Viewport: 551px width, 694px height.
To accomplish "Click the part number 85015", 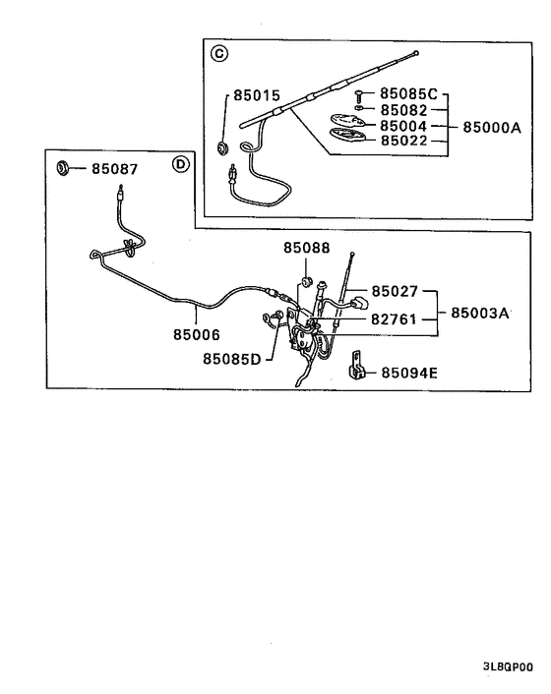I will click(x=257, y=96).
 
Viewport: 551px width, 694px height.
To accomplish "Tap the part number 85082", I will click(x=403, y=111).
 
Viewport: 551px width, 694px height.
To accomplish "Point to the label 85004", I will click(x=403, y=127).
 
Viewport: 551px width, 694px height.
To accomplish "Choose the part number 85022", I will click(x=403, y=143).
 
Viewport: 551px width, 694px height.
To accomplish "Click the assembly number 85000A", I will click(x=491, y=127).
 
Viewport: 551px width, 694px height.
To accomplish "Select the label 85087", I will click(x=115, y=169).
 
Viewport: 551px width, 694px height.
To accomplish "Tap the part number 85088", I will click(x=307, y=250).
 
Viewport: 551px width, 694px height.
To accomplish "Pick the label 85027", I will click(x=395, y=292).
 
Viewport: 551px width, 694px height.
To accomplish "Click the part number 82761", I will click(x=395, y=319).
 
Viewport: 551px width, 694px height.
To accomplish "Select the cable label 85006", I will click(x=198, y=334).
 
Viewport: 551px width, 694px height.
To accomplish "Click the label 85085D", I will click(x=232, y=359).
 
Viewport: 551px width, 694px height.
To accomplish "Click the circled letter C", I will click(x=217, y=54).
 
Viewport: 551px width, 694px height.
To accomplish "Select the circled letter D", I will click(x=180, y=164).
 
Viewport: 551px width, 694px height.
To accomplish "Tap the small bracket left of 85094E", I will click(x=358, y=369).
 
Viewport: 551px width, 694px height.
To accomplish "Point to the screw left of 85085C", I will click(x=360, y=94).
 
